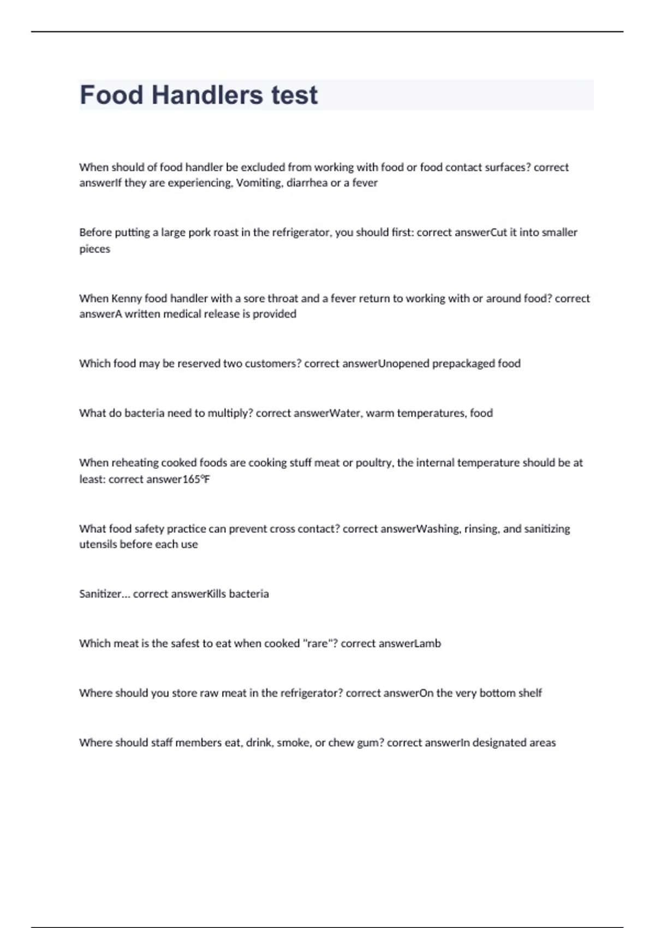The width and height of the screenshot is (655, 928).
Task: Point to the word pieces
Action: click(94, 249)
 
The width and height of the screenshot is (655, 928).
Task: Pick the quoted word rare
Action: click(317, 644)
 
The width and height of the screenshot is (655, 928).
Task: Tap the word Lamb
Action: click(427, 644)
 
